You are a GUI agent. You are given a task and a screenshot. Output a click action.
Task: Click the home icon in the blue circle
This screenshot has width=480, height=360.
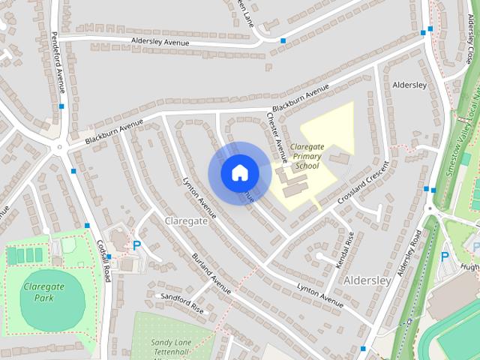coord(239,172)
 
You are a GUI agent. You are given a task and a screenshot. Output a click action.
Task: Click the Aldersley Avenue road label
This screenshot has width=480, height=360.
coord(159,42)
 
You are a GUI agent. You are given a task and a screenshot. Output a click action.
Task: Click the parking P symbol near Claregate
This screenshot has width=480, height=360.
coord(136,244)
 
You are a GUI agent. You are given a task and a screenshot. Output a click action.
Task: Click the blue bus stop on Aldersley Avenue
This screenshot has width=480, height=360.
coord(283,40)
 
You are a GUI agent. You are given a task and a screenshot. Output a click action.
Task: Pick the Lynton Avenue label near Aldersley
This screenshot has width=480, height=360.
coord(319,293)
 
